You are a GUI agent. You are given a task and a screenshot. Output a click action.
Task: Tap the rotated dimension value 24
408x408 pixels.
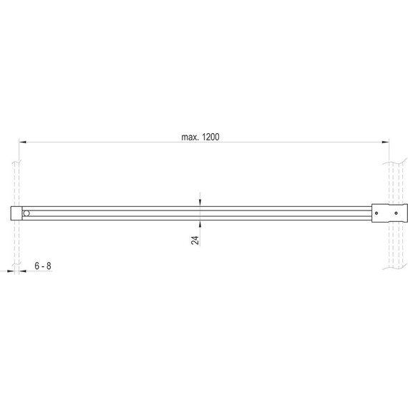pyautogui.click(x=195, y=239)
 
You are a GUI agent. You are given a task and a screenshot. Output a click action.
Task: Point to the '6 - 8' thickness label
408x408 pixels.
pyautogui.click(x=43, y=266)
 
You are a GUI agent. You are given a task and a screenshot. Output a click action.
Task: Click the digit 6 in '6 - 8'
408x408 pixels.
pyautogui.click(x=37, y=266)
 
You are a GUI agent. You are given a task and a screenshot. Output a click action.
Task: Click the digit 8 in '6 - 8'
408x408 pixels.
pyautogui.click(x=49, y=266)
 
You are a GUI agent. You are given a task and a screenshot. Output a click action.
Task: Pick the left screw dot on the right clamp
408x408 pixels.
pyautogui.click(x=377, y=213)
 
